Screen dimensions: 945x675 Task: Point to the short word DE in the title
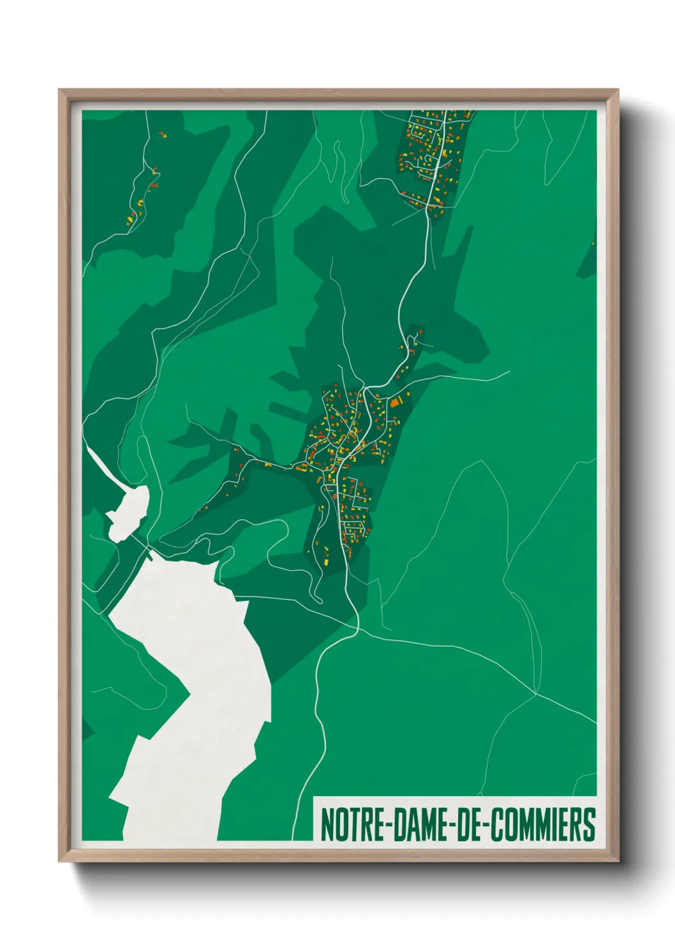click(x=470, y=824)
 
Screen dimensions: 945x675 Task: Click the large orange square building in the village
click(x=396, y=402)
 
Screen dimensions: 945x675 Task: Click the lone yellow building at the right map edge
click(x=593, y=243)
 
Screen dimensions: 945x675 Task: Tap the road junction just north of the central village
click(x=364, y=388)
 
